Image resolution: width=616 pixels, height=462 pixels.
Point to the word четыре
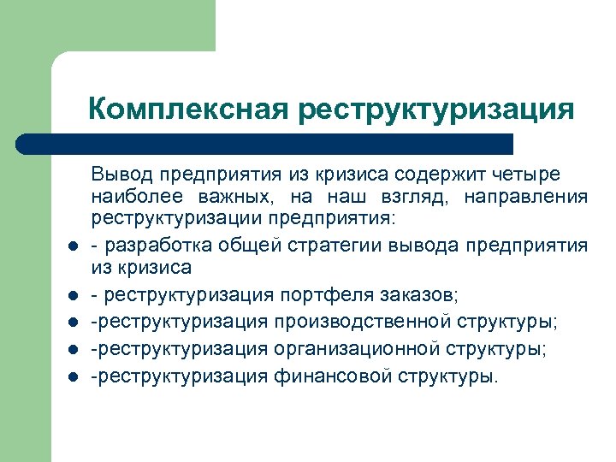pos(533,175)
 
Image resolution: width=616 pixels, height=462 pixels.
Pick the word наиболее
pos(129,198)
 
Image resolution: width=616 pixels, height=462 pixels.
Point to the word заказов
pos(424,295)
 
